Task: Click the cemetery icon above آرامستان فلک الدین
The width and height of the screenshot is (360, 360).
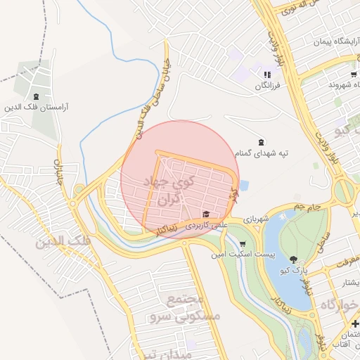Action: (36, 96)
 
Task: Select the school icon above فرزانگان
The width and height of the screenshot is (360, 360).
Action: (266, 75)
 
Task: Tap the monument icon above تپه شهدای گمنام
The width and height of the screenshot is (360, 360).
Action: (262, 142)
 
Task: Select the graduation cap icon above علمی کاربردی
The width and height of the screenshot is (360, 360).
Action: (206, 214)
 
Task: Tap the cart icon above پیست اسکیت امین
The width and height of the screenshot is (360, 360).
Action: (242, 243)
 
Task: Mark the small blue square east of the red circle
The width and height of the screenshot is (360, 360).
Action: (244, 186)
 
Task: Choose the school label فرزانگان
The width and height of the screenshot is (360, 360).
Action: (267, 85)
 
